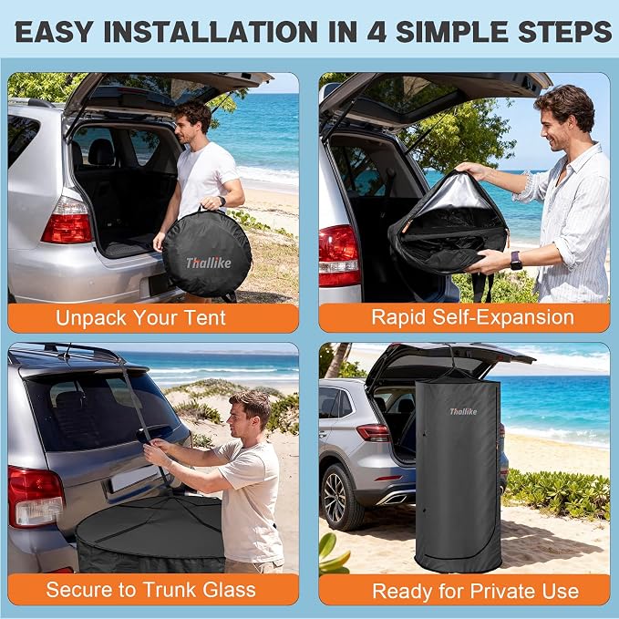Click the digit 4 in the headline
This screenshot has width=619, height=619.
377,32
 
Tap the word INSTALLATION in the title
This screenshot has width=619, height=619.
211,32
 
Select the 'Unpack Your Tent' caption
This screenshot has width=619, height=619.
140,318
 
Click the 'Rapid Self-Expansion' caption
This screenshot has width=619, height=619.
472,317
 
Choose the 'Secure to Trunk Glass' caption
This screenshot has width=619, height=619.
150,590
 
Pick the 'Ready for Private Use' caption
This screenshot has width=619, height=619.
475,591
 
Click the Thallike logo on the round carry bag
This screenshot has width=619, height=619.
209,263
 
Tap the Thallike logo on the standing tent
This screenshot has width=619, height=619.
463,412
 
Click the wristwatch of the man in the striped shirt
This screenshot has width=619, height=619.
516,261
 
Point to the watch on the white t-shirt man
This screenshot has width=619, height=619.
222,201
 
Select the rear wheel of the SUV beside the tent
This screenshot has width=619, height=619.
339,497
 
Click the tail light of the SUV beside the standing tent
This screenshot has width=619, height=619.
374,432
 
